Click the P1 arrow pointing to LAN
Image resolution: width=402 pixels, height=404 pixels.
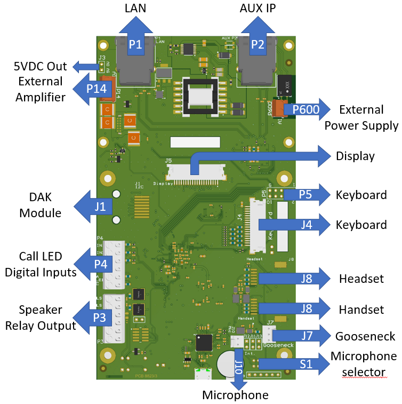click(136, 43)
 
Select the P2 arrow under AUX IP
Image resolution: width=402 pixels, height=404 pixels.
click(257, 43)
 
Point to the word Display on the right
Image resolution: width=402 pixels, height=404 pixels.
click(355, 156)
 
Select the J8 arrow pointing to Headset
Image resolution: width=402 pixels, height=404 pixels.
click(305, 278)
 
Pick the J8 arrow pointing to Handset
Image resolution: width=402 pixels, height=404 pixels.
click(305, 308)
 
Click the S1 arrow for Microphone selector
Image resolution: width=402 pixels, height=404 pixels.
click(305, 364)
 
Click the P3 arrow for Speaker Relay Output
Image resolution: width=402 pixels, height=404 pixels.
click(100, 318)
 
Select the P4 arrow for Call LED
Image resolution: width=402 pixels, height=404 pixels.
click(100, 264)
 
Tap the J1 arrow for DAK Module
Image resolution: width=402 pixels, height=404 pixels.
click(100, 205)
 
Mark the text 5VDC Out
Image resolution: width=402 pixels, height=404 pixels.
click(41, 67)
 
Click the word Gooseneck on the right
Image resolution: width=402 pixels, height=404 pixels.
click(365, 336)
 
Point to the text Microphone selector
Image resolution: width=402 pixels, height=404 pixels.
click(364, 363)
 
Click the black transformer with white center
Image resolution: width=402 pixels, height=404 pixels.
click(200, 96)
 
